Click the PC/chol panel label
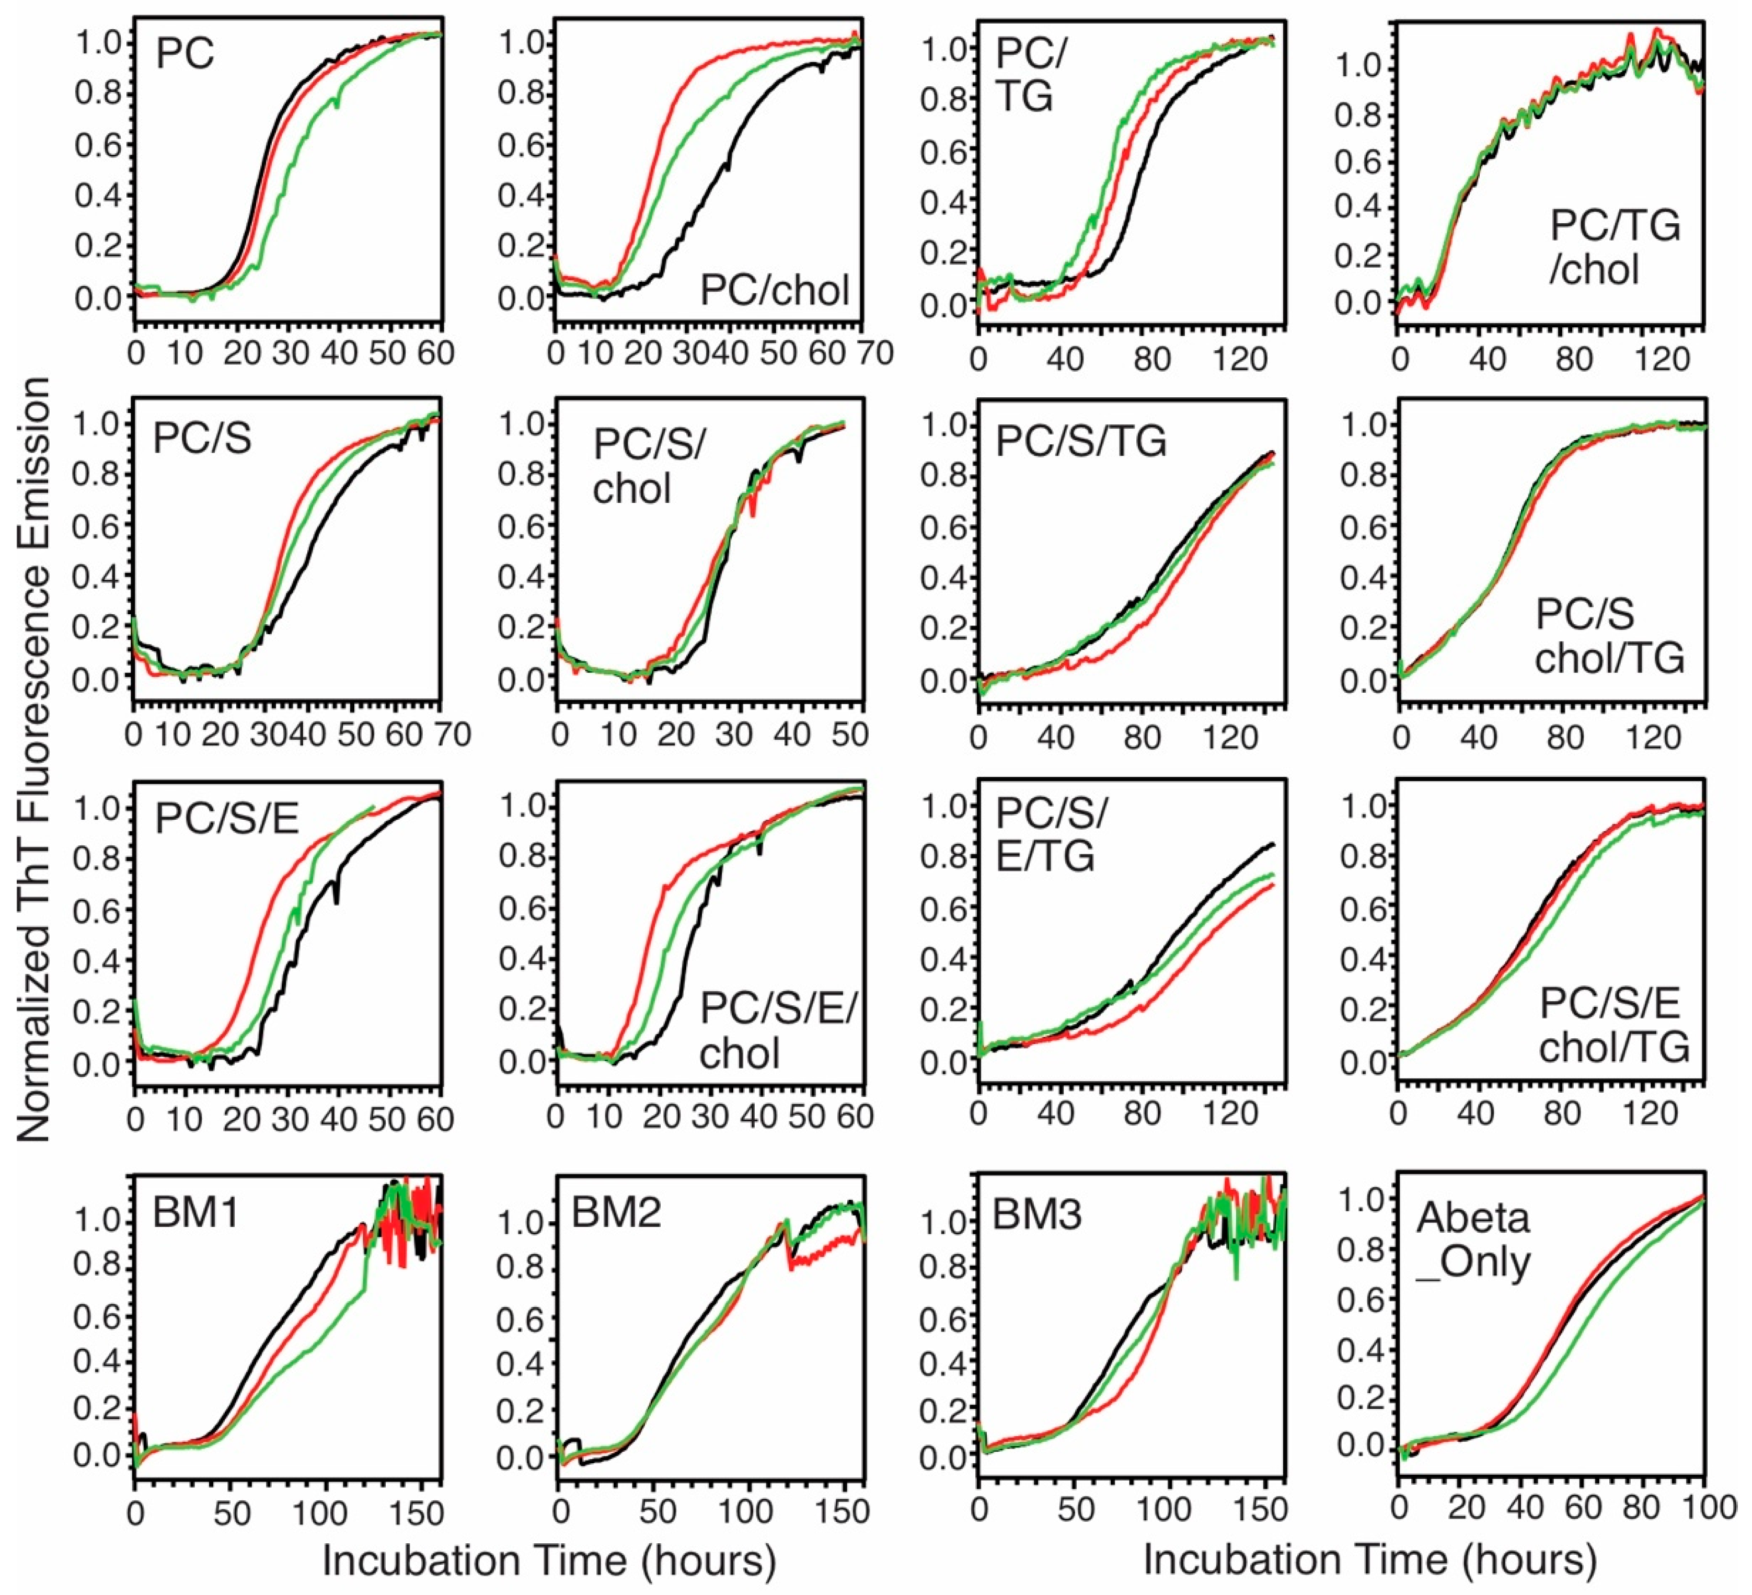[x=774, y=290]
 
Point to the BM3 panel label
[x=1037, y=1214]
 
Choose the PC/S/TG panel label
[x=1080, y=442]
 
